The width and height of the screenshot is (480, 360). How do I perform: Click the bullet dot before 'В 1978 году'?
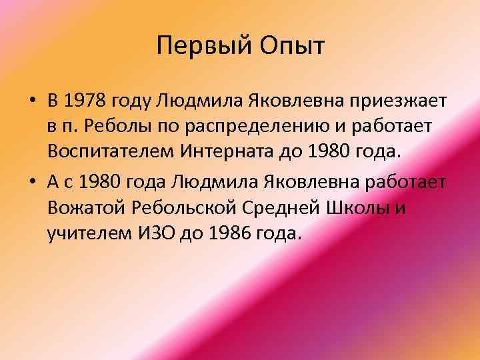(x=32, y=101)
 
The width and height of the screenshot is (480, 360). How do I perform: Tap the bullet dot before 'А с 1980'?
(x=32, y=183)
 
